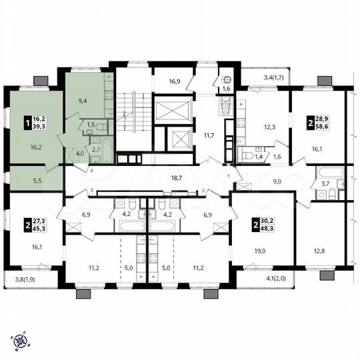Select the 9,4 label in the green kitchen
coord(83,102)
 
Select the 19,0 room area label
coord(259,251)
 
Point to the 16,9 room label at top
coord(174,81)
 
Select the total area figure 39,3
coord(41,127)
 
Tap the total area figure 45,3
coord(41,230)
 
